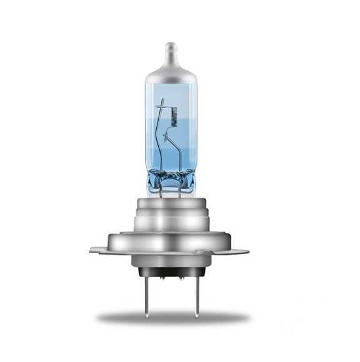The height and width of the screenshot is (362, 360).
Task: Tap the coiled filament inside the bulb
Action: click(174, 117)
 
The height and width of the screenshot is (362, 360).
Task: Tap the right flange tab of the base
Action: click(241, 252)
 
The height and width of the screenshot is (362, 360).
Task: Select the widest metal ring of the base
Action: click(171, 240)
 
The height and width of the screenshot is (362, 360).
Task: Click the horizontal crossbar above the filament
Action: click(166, 105)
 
